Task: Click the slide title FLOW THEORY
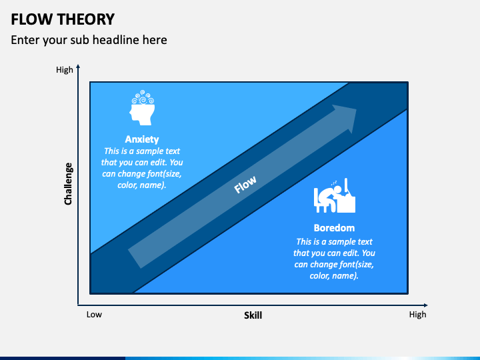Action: pyautogui.click(x=63, y=19)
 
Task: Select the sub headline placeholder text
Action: pyautogui.click(x=89, y=40)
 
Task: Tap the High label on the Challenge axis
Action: pyautogui.click(x=65, y=70)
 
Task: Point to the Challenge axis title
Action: pyautogui.click(x=68, y=183)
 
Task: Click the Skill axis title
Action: pyautogui.click(x=253, y=315)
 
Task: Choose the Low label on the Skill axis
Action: pyautogui.click(x=94, y=315)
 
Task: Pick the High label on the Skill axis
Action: pyautogui.click(x=417, y=315)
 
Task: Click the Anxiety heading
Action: pyautogui.click(x=142, y=139)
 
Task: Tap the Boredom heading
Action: pyautogui.click(x=334, y=228)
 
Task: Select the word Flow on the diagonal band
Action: pyautogui.click(x=245, y=185)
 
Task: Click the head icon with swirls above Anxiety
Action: pyautogui.click(x=142, y=109)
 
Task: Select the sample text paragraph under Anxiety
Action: pyautogui.click(x=142, y=168)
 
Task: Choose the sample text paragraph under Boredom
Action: pyautogui.click(x=334, y=259)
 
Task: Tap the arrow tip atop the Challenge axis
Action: pyautogui.click(x=78, y=66)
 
